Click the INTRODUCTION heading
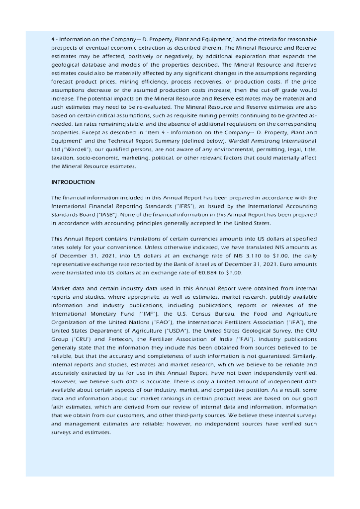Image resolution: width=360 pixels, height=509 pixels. (x=73, y=182)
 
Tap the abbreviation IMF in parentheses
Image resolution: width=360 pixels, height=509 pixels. (x=144, y=314)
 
